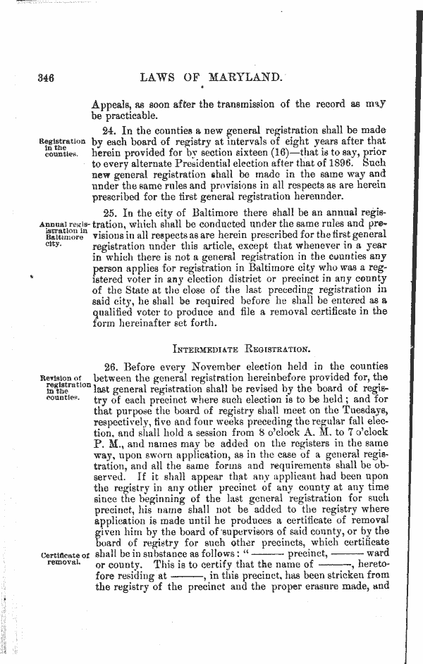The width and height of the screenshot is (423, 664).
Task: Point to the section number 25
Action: click(x=110, y=212)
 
